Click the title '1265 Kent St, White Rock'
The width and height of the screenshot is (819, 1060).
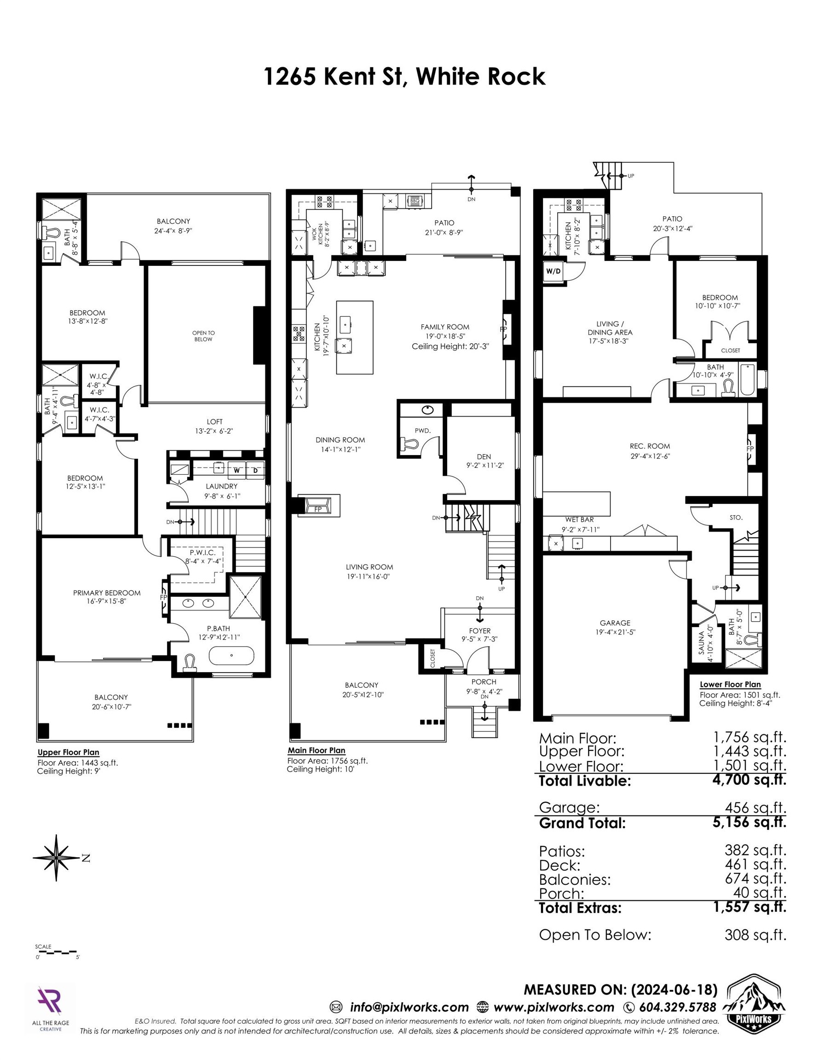tap(405, 77)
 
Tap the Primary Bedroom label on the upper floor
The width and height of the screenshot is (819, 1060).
tap(107, 593)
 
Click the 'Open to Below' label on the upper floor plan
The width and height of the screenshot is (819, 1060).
tap(203, 336)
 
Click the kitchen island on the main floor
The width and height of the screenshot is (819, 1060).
tap(355, 337)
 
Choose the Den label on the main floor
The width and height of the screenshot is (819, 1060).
tap(484, 456)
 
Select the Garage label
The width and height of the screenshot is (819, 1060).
tap(615, 622)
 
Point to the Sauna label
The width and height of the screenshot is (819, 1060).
tap(701, 643)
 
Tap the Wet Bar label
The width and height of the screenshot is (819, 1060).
tap(579, 519)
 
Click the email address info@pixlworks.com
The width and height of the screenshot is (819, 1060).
tap(409, 1007)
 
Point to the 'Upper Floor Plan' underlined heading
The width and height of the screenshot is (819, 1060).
tap(69, 752)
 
